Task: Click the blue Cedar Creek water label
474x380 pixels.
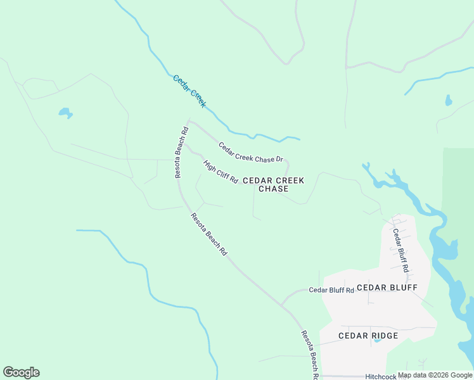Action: click(x=189, y=91)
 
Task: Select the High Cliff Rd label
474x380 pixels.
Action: click(x=221, y=172)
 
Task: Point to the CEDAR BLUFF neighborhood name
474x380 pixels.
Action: click(x=387, y=288)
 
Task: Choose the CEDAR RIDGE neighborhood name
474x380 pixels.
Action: click(x=368, y=336)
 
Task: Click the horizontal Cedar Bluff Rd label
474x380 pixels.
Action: click(x=331, y=290)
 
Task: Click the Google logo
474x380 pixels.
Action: click(x=21, y=372)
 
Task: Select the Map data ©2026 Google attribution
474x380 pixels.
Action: click(x=435, y=375)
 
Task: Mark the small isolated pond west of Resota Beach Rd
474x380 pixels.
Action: click(x=65, y=113)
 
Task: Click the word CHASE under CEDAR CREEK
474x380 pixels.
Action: click(x=273, y=189)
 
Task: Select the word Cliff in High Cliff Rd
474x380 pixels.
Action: click(x=222, y=173)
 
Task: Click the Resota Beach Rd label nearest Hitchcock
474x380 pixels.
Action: click(x=310, y=355)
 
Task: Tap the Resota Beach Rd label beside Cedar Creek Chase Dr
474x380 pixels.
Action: click(x=181, y=153)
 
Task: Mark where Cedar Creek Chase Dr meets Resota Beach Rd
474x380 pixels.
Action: click(x=189, y=122)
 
